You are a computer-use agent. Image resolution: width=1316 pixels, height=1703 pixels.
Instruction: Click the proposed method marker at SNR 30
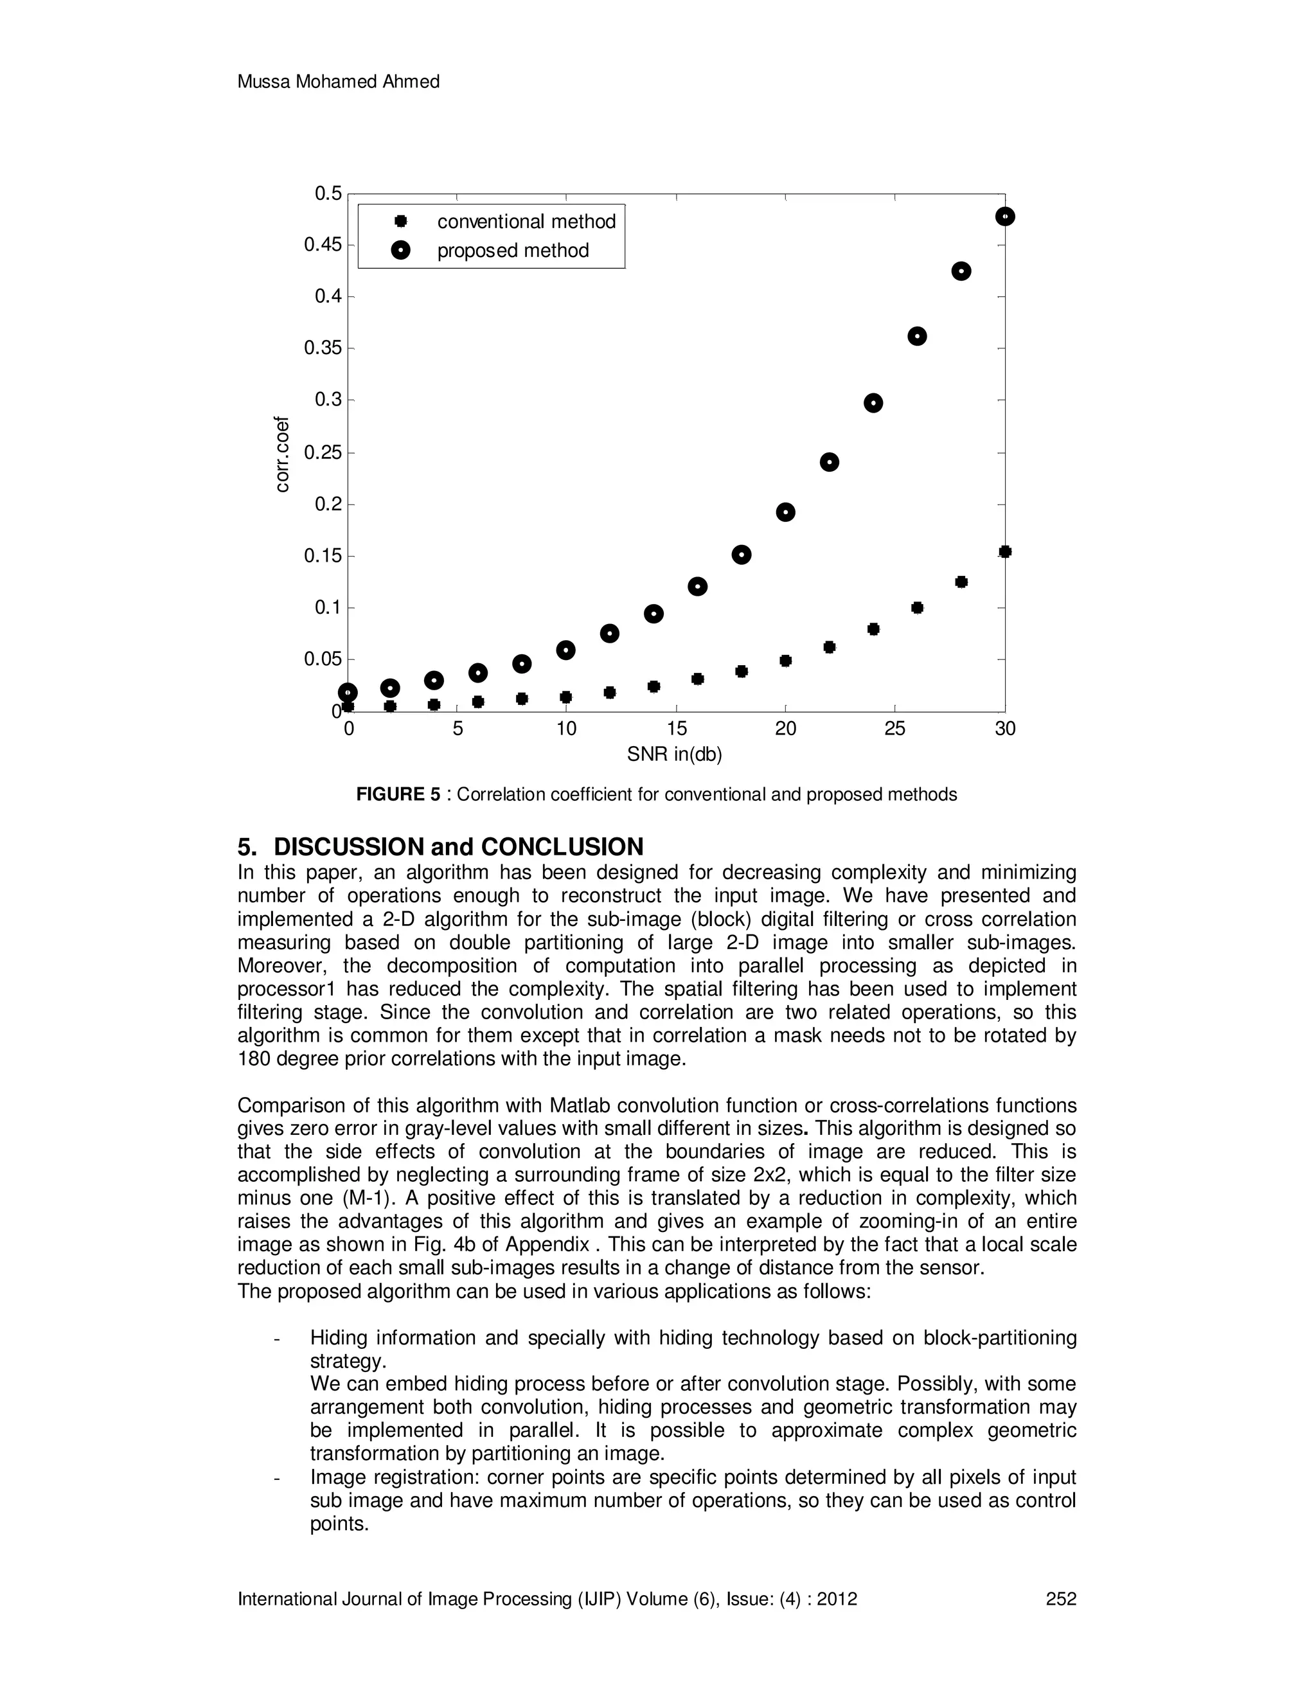[1004, 217]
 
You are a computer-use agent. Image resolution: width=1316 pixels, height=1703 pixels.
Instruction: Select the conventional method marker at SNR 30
[1004, 552]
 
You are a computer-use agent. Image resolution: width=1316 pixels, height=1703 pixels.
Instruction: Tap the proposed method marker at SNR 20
[785, 512]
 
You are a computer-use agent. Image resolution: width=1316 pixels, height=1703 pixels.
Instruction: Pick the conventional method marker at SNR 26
[917, 608]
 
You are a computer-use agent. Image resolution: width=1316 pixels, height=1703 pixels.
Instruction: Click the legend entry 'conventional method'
[526, 222]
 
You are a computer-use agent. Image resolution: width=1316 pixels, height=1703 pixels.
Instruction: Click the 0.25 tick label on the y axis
[323, 452]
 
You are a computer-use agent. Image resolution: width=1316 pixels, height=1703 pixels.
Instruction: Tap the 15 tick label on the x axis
[676, 729]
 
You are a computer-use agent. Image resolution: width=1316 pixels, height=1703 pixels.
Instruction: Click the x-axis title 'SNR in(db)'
[675, 755]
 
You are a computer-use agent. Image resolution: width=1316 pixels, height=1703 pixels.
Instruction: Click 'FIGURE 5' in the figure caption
[398, 794]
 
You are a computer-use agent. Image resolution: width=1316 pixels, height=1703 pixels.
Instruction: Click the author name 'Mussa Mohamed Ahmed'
[339, 82]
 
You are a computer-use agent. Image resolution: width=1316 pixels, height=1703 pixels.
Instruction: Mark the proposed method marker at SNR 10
[566, 650]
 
